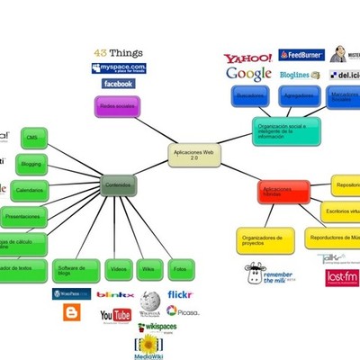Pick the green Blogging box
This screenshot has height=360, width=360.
pyautogui.click(x=31, y=164)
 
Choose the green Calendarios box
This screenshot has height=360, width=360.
pyautogui.click(x=30, y=190)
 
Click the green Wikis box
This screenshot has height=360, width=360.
pyautogui.click(x=149, y=269)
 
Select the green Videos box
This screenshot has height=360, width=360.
pyautogui.click(x=118, y=269)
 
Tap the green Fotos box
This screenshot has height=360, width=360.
pyautogui.click(x=180, y=269)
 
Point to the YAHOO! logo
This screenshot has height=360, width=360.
pyautogui.click(x=247, y=59)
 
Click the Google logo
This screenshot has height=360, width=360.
pyautogui.click(x=248, y=75)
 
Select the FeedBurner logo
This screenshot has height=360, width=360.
pyautogui.click(x=301, y=56)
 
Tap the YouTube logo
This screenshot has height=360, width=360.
pyautogui.click(x=115, y=315)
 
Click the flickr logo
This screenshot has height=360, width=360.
pyautogui.click(x=179, y=294)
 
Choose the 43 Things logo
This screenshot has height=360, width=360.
pyautogui.click(x=116, y=53)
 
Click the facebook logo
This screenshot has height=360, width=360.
pyautogui.click(x=118, y=84)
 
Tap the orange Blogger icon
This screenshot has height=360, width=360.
pyautogui.click(x=71, y=312)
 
